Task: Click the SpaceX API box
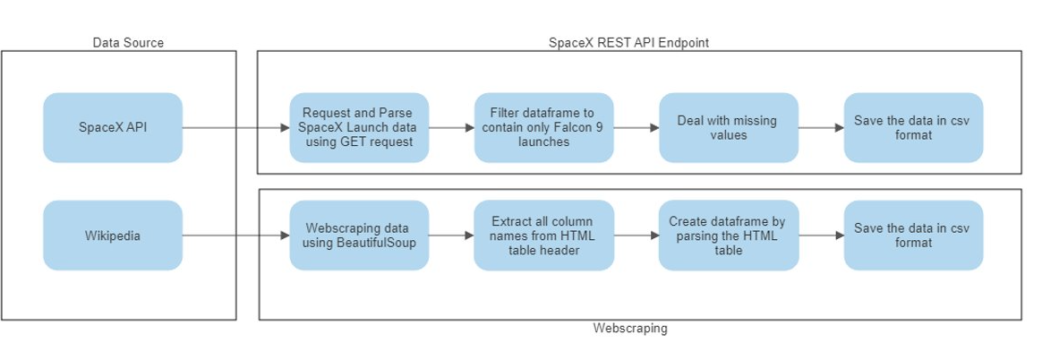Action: [x=113, y=127]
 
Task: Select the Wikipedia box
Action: [x=113, y=236]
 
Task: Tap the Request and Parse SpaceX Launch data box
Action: [x=359, y=127]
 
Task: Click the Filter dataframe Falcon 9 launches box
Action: [x=543, y=127]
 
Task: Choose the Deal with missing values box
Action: [x=728, y=127]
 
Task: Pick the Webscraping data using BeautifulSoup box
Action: [x=359, y=236]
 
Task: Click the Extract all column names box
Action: [x=543, y=236]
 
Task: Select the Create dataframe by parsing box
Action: [x=728, y=236]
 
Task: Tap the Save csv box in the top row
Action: [x=913, y=127]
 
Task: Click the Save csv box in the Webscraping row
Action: [x=913, y=236]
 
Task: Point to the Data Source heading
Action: [x=128, y=42]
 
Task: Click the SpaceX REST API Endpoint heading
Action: [x=635, y=42]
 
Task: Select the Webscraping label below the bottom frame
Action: [x=630, y=329]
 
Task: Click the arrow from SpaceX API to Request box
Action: [x=236, y=128]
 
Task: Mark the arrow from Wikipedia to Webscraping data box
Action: [x=236, y=236]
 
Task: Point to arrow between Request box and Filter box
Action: [x=451, y=128]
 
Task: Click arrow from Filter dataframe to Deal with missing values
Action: [x=636, y=128]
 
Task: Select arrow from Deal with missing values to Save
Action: [x=821, y=128]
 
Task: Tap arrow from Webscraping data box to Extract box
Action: [x=451, y=236]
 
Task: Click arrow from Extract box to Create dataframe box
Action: [x=636, y=236]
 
